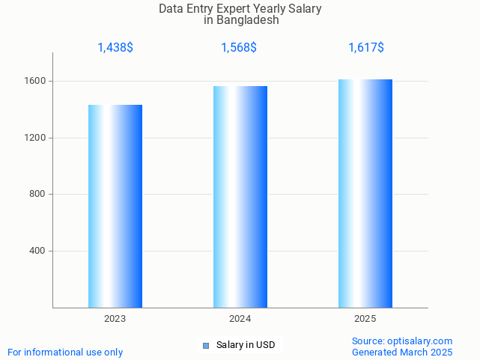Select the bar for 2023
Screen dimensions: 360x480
point(115,206)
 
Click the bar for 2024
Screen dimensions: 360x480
point(240,196)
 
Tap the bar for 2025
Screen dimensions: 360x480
point(365,193)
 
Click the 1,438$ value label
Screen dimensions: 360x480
point(115,48)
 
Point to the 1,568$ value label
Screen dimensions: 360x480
point(239,48)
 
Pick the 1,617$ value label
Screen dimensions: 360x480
point(366,48)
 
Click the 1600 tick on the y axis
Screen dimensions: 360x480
point(35,81)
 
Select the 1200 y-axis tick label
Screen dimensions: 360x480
point(35,138)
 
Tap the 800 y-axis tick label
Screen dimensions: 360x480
point(37,195)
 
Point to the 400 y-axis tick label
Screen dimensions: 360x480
point(37,251)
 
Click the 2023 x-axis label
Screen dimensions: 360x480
point(115,319)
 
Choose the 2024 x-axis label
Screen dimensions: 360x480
point(240,319)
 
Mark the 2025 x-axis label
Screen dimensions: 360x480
point(365,319)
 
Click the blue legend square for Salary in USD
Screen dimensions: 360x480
point(206,345)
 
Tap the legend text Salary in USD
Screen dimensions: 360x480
point(246,345)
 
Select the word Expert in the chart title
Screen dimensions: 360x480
point(235,9)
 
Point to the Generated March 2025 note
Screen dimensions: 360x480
point(402,352)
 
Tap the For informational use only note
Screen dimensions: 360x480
point(65,352)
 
